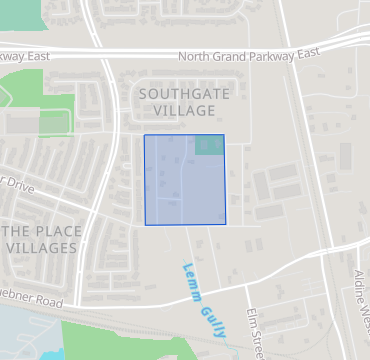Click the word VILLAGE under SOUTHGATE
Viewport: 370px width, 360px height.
[177, 109]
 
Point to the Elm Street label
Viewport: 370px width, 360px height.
[255, 325]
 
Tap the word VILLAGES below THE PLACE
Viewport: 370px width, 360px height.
[41, 247]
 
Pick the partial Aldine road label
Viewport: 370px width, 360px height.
[362, 296]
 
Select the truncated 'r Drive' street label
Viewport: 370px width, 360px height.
[17, 187]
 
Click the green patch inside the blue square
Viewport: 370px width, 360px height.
[208, 145]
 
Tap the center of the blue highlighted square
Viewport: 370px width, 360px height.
[185, 180]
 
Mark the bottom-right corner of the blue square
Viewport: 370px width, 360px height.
[225, 224]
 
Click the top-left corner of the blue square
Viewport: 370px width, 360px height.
[145, 135]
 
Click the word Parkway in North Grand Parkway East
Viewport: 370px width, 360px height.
[281, 54]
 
